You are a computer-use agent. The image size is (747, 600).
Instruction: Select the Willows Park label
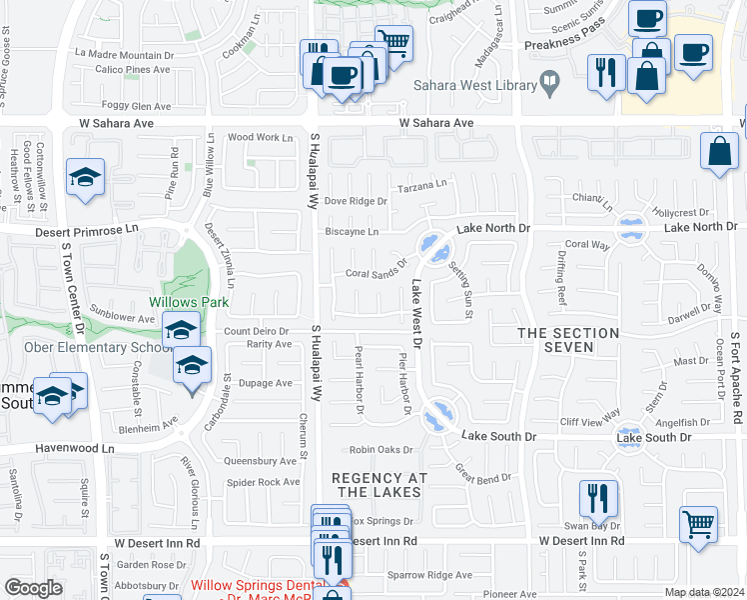190,302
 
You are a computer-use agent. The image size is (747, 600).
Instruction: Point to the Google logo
33,588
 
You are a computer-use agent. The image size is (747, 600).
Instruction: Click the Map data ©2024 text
705,592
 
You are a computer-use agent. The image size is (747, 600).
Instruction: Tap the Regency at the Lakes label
375,485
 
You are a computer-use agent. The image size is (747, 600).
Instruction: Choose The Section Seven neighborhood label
568,340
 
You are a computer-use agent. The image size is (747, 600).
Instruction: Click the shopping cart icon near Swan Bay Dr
698,523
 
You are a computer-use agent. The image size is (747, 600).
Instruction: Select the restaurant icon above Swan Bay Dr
598,497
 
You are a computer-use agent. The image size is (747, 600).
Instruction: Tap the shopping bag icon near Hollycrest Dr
719,152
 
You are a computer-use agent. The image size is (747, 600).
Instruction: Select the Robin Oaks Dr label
381,450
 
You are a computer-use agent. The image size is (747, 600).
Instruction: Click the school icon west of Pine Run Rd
86,177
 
